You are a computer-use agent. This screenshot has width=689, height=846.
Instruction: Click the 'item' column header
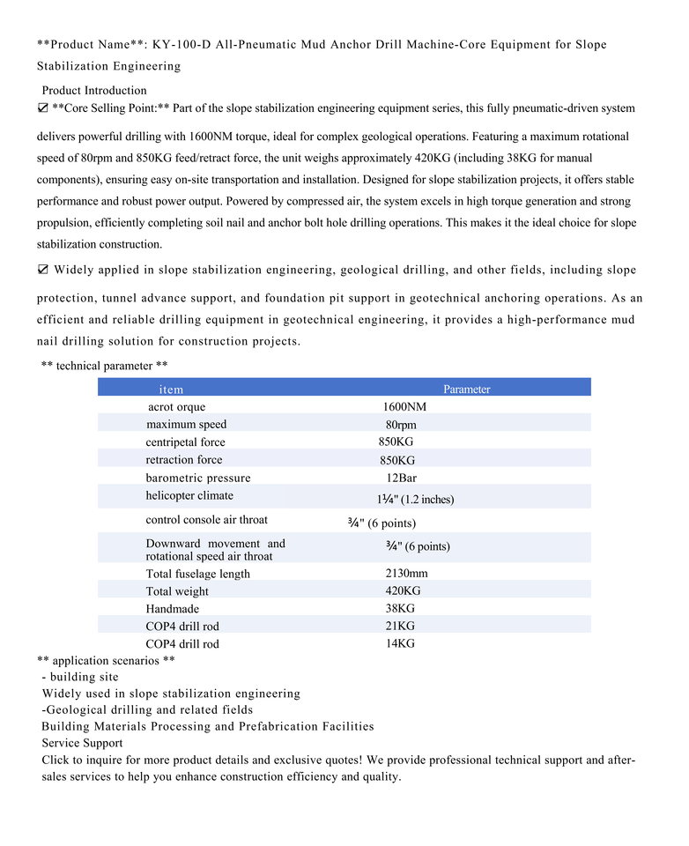(171, 389)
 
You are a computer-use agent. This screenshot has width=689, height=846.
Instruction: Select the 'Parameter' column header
(466, 389)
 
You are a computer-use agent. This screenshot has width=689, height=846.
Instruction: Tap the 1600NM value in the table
(404, 407)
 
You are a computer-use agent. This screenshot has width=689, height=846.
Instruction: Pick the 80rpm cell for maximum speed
(401, 425)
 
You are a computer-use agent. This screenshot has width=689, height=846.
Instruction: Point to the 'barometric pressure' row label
(198, 478)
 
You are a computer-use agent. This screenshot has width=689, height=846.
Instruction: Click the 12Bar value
(401, 478)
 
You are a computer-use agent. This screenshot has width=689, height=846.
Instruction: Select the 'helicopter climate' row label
(189, 495)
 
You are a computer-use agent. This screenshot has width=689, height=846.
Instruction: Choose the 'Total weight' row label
(177, 591)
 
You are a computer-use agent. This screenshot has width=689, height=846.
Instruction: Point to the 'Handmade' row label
(173, 609)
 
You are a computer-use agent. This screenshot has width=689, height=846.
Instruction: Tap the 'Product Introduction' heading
(94, 91)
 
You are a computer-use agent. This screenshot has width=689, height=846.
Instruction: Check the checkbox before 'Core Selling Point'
(43, 108)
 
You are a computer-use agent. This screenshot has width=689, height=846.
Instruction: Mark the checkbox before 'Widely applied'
(43, 270)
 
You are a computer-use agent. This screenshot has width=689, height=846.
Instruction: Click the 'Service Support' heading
(82, 743)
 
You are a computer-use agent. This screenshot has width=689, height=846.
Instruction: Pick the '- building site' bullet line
(80, 677)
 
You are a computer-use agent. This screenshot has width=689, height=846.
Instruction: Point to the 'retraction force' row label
(184, 460)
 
